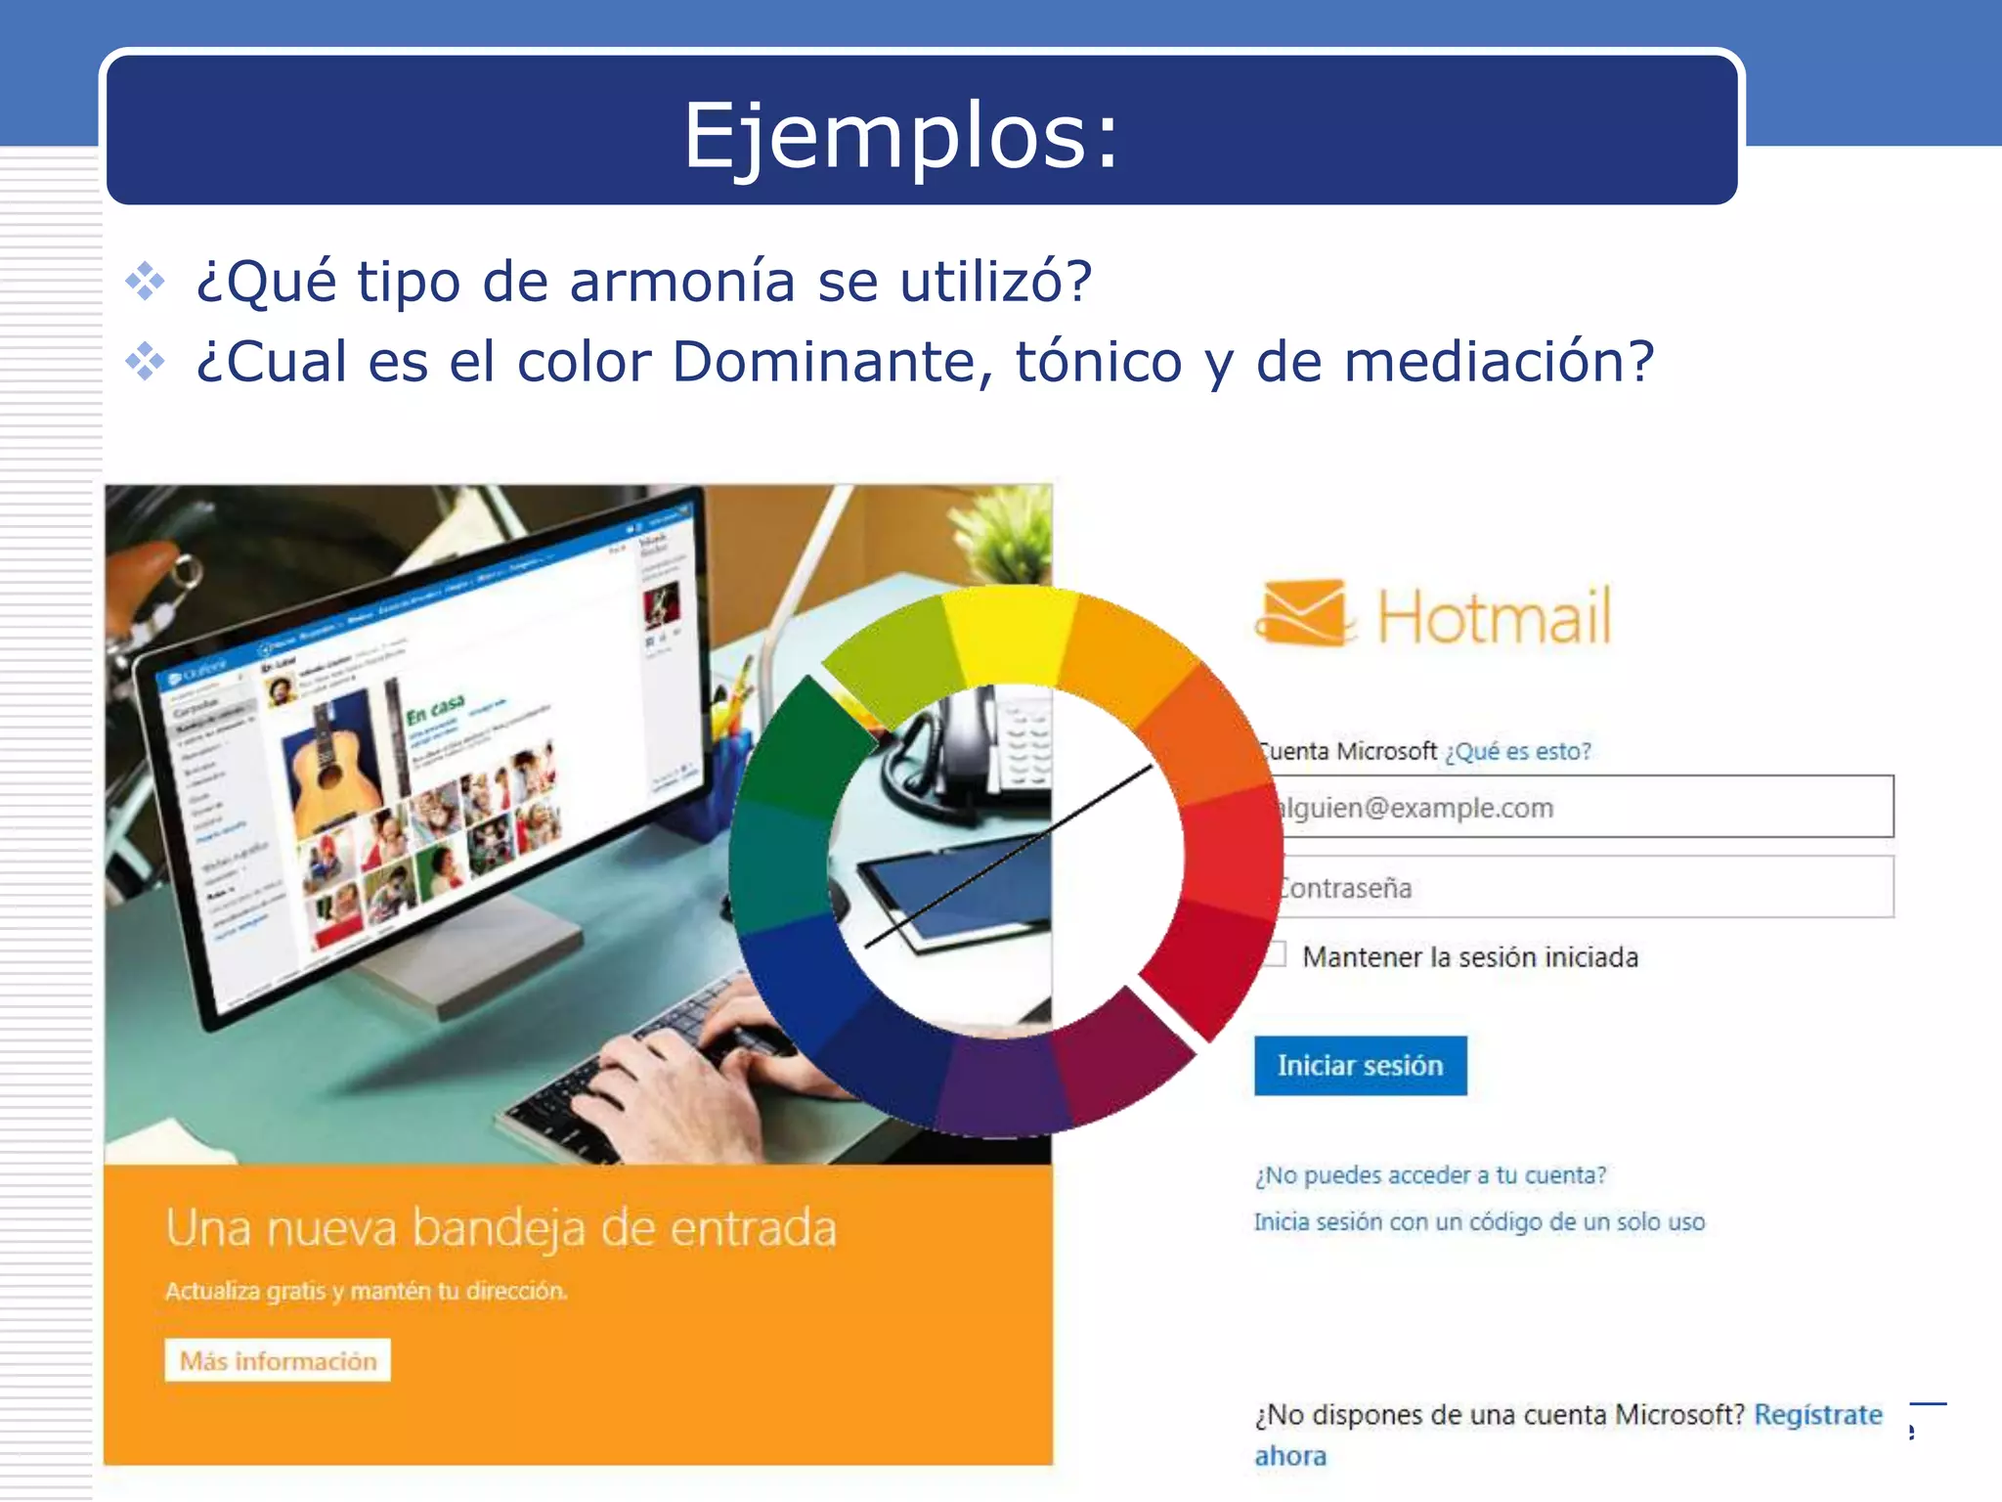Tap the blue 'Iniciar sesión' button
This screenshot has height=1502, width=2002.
[1360, 1065]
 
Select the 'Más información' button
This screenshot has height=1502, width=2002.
[278, 1360]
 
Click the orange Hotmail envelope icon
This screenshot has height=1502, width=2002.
[1305, 613]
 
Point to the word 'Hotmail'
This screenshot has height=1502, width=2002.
[1494, 617]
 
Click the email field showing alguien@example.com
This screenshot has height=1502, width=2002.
[1584, 807]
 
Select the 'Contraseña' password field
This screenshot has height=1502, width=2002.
[1584, 887]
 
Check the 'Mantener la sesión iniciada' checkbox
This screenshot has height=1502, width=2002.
[1275, 954]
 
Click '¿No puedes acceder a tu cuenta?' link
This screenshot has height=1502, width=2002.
[1430, 1174]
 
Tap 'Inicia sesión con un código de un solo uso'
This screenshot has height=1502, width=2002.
[1479, 1221]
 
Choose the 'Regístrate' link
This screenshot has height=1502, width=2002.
[1817, 1414]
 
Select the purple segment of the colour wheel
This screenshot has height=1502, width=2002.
[1002, 1085]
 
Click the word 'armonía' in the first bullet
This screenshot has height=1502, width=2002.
[682, 282]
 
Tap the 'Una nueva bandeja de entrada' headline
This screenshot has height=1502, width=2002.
[500, 1228]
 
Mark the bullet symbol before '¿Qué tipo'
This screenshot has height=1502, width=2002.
[146, 282]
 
